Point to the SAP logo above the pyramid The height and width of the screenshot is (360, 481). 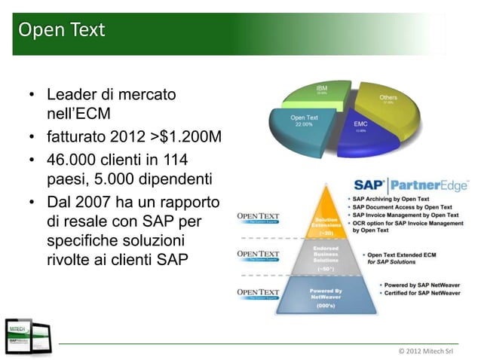(369, 185)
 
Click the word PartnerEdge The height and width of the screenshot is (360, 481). (429, 185)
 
